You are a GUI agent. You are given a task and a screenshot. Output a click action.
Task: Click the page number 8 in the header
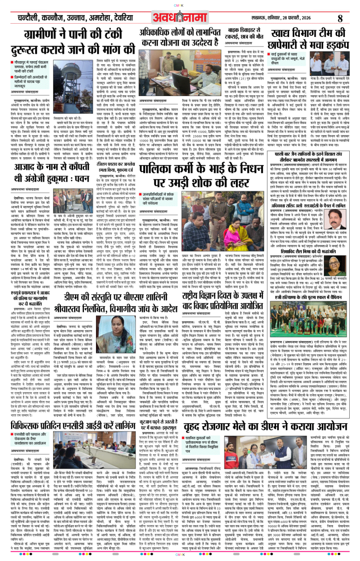[340, 18]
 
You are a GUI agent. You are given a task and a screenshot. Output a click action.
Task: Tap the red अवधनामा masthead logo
[179, 18]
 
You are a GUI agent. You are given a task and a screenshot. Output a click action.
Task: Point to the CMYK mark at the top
[179, 5]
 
